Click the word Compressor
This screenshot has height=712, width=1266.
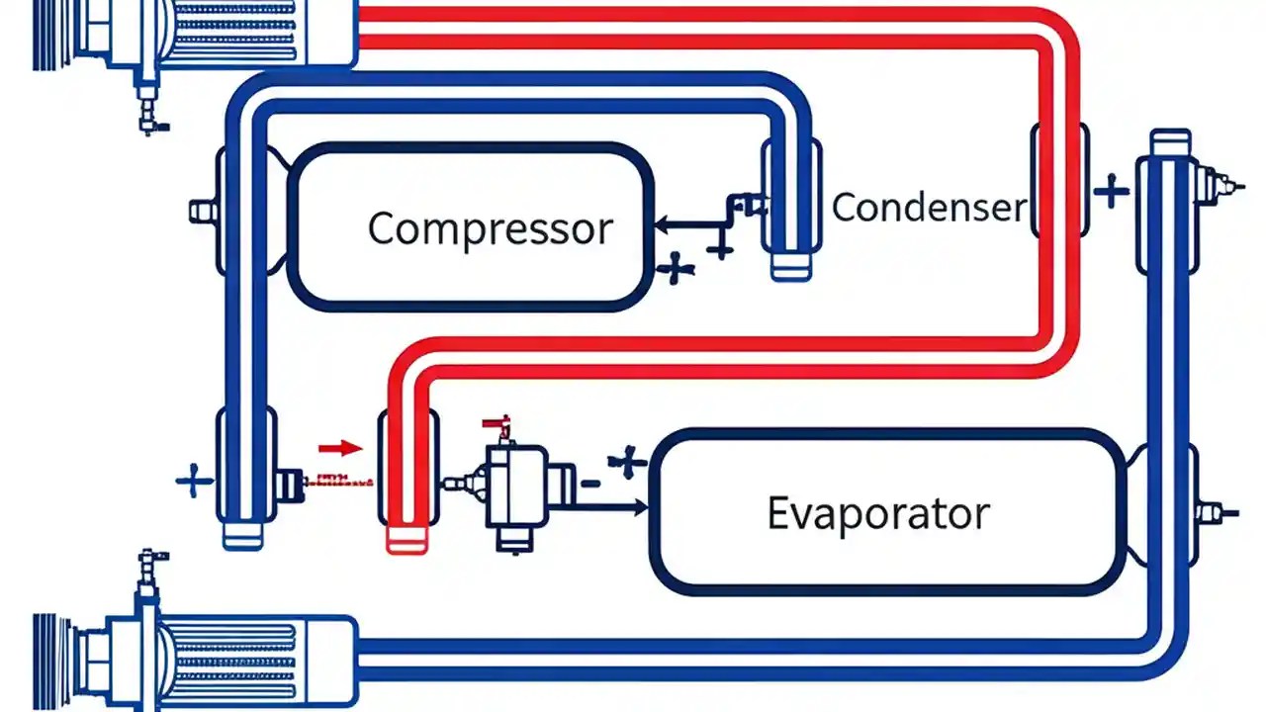(x=490, y=228)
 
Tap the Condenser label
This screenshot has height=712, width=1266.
(x=928, y=208)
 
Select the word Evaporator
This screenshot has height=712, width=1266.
(x=877, y=513)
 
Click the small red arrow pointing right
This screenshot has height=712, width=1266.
(x=340, y=448)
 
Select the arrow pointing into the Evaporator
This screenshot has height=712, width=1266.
(x=613, y=507)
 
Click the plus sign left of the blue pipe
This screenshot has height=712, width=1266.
(x=194, y=482)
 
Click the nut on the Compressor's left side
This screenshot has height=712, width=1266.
(x=202, y=211)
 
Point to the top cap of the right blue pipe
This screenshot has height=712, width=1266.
(x=1170, y=140)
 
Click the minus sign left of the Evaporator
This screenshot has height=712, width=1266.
(x=589, y=483)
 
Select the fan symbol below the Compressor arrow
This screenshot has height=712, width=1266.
(x=675, y=268)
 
